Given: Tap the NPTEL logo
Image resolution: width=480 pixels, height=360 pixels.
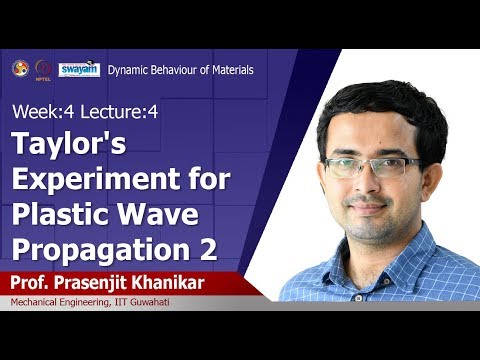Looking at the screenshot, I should (44, 69).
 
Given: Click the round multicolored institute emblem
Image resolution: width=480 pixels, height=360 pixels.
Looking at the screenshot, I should (19, 68).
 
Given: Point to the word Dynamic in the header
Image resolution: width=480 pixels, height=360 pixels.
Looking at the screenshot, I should (128, 70).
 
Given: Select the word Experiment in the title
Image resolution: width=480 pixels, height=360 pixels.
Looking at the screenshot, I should (92, 182).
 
